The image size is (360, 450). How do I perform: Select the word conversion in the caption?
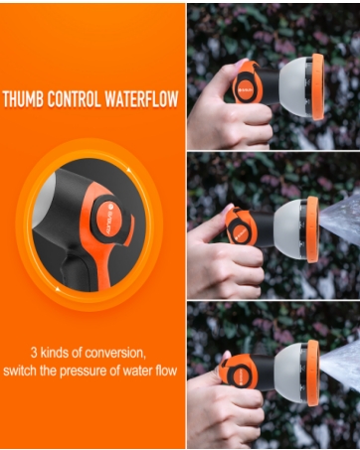[x=118, y=352]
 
